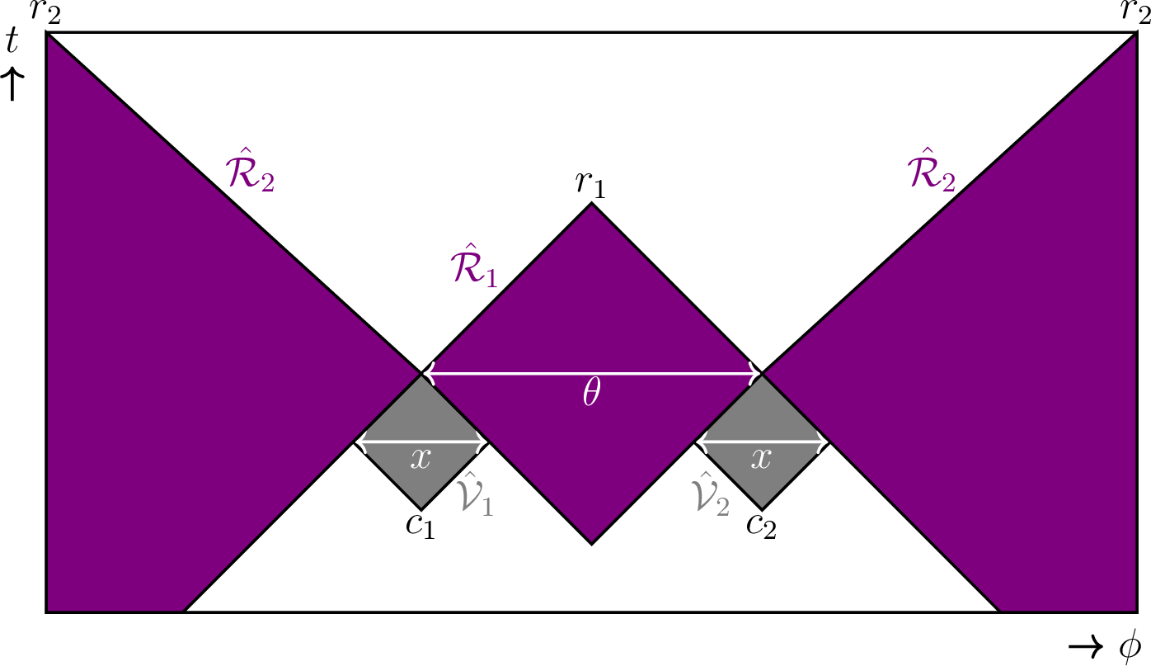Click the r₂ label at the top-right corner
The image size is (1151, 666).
pyautogui.click(x=1135, y=14)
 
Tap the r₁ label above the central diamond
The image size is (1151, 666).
pyautogui.click(x=590, y=185)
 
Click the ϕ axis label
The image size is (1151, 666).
pyautogui.click(x=1130, y=645)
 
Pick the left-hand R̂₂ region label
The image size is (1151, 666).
pyautogui.click(x=249, y=172)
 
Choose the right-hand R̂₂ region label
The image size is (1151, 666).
pyautogui.click(x=931, y=172)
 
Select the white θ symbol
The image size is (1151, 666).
pyautogui.click(x=590, y=395)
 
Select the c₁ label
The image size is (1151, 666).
pyautogui.click(x=420, y=526)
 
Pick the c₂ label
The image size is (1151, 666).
pyautogui.click(x=761, y=526)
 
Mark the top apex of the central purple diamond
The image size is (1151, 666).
pyautogui.click(x=591, y=203)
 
